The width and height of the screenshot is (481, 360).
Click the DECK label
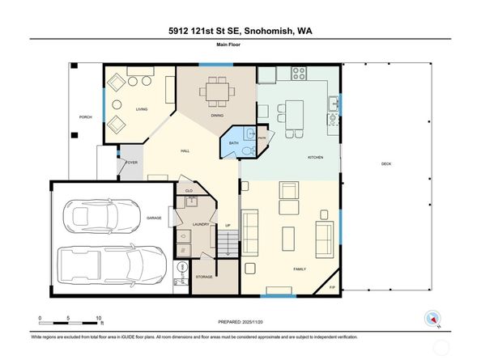(x=386, y=163)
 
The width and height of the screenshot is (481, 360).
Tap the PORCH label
(x=85, y=117)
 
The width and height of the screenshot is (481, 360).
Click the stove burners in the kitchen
(x=297, y=72)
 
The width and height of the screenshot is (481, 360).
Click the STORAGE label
(x=204, y=277)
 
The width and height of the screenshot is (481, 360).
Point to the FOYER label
(x=130, y=163)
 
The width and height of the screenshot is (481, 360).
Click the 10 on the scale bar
(x=99, y=317)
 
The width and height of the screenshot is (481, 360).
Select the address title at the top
(x=240, y=32)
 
